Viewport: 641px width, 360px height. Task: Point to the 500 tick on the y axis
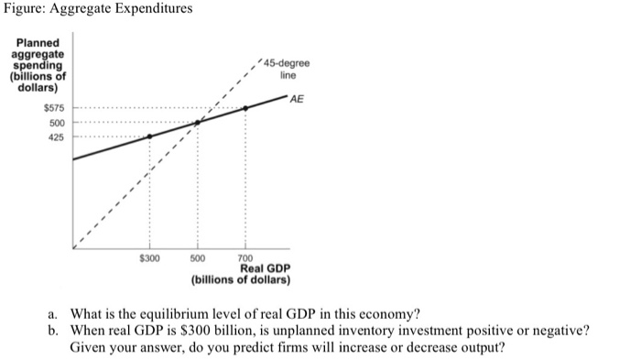pyautogui.click(x=57, y=123)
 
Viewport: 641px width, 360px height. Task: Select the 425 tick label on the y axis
pyautogui.click(x=57, y=137)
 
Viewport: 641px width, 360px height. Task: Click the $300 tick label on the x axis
pyautogui.click(x=149, y=258)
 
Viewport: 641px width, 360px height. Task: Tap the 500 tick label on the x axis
pyautogui.click(x=198, y=258)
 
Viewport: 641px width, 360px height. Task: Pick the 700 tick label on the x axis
pyautogui.click(x=245, y=258)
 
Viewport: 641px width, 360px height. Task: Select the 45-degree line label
pyautogui.click(x=287, y=69)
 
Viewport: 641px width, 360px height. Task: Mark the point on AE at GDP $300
pyautogui.click(x=149, y=136)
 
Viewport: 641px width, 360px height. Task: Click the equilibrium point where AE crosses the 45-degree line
pyautogui.click(x=198, y=122)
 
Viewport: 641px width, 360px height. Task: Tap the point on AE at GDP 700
pyautogui.click(x=245, y=108)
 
